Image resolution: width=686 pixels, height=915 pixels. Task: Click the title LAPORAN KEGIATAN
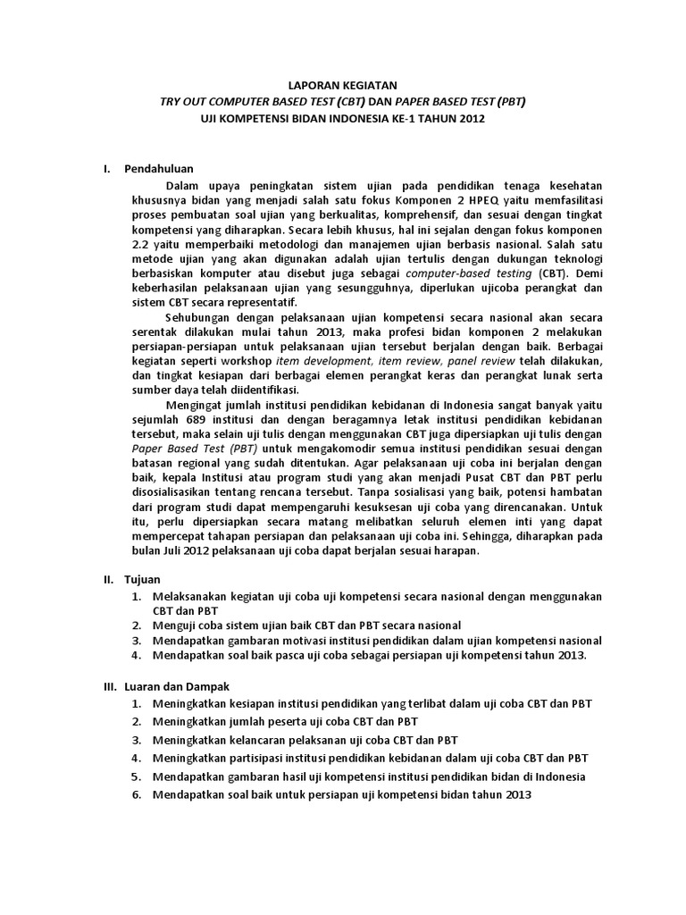tap(343, 85)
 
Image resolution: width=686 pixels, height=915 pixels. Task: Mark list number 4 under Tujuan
tap(135, 655)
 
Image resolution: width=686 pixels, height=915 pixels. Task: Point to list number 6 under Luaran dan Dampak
tap(135, 794)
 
